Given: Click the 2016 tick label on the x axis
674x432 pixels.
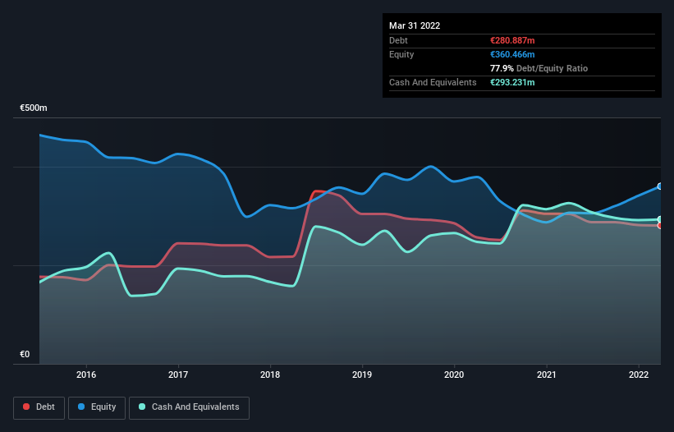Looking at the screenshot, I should pos(85,375).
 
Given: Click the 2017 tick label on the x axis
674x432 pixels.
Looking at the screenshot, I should pos(177,375).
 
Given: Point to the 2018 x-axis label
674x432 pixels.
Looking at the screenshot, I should pos(269,375).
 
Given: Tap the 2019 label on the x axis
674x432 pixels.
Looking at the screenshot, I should pos(362,375).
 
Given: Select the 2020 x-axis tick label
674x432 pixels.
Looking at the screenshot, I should pos(454,375).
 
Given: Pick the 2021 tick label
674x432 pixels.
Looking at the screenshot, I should pos(547,375).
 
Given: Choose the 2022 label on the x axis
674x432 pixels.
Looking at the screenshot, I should pos(639,375).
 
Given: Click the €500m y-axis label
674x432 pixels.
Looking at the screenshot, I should pos(34,108).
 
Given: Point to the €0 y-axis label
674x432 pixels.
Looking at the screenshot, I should pos(25,355).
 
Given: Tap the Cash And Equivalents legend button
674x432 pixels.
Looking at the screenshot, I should pos(189,407).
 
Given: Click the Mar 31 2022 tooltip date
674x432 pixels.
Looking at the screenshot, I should pos(415,25).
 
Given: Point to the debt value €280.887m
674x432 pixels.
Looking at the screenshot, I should pos(512,40).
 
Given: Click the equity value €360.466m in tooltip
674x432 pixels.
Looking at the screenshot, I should pos(513,54).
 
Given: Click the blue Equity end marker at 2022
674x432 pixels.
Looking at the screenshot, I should pos(660,186).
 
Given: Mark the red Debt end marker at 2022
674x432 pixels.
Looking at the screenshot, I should pos(660,225).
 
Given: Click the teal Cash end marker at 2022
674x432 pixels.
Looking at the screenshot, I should pos(660,219).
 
